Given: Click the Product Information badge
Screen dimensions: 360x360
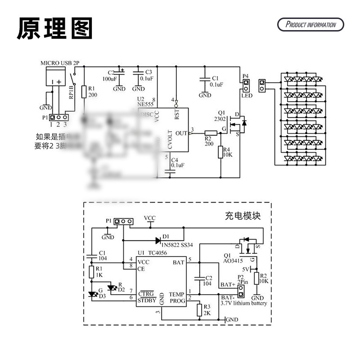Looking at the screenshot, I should coord(310,24).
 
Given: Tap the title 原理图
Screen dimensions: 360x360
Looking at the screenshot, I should coord(55,28).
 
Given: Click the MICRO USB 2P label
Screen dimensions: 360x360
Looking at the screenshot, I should coord(63,63).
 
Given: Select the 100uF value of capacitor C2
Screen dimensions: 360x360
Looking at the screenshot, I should coord(110,79).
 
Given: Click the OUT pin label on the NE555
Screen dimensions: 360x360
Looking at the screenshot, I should coord(181,133).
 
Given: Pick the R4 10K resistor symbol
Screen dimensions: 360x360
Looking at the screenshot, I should coord(221,152).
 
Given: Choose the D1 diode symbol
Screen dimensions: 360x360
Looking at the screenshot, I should coord(158,240).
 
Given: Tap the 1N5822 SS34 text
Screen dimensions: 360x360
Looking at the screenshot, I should coord(181,245).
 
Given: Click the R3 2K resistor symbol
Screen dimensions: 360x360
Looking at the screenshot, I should coord(199,310).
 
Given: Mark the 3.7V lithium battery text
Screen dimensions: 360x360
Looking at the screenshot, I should coord(243,303).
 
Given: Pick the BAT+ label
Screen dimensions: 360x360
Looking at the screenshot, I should coord(227,285).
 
